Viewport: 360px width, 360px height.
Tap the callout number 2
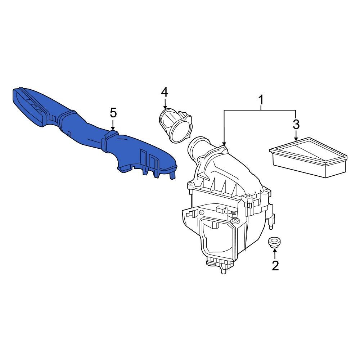pos(275,266)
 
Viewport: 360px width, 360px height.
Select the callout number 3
pos(296,124)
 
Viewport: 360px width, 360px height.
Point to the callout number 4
pos(164,93)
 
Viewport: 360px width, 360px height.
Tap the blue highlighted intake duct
pos(90,133)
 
